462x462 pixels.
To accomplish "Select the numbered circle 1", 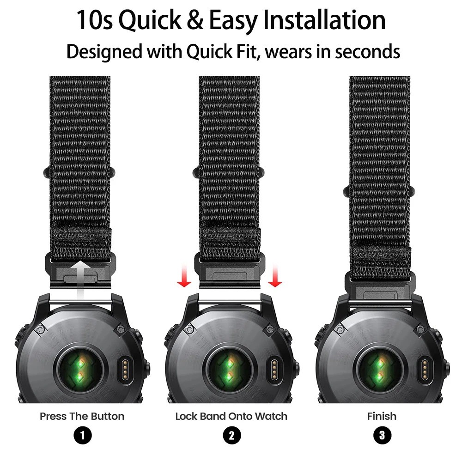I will pos(82,435).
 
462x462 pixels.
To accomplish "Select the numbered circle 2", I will pos(231,435).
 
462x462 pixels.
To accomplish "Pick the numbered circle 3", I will pos(382,435).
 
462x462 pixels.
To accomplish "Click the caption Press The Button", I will pos(82,416).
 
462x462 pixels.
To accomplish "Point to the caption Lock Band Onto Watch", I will pos(231,416).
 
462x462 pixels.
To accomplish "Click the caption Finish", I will pos(382,416).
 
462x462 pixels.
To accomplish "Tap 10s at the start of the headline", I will pos(94,21).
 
